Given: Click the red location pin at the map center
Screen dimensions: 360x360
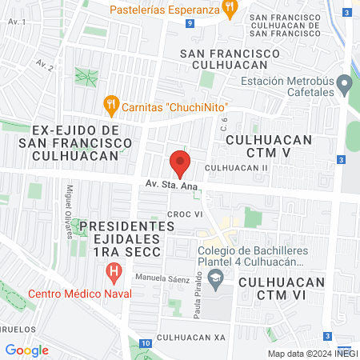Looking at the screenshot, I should tap(180, 164).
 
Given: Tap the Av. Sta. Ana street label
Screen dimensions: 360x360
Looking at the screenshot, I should tap(171, 185).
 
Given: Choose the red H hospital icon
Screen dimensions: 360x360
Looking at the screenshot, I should tap(114, 272).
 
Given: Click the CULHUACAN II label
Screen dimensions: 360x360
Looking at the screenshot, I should tap(237, 168).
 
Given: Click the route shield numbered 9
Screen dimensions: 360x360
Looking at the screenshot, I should tap(189, 25).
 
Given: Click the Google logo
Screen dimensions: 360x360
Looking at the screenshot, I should tap(26, 350).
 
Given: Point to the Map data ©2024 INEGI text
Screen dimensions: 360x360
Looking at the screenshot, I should tap(311, 354).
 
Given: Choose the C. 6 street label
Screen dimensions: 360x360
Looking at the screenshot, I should tap(225, 124).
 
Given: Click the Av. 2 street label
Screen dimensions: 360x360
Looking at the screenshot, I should tap(45, 65).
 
